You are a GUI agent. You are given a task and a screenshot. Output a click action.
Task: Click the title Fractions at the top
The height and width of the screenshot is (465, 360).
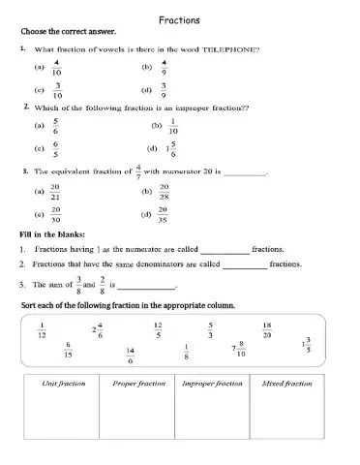pos(179,19)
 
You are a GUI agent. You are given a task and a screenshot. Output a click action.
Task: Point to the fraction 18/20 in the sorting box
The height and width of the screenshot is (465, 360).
pos(267,329)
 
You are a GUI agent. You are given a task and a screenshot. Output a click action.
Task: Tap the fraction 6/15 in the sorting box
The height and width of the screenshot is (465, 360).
pos(68,350)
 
